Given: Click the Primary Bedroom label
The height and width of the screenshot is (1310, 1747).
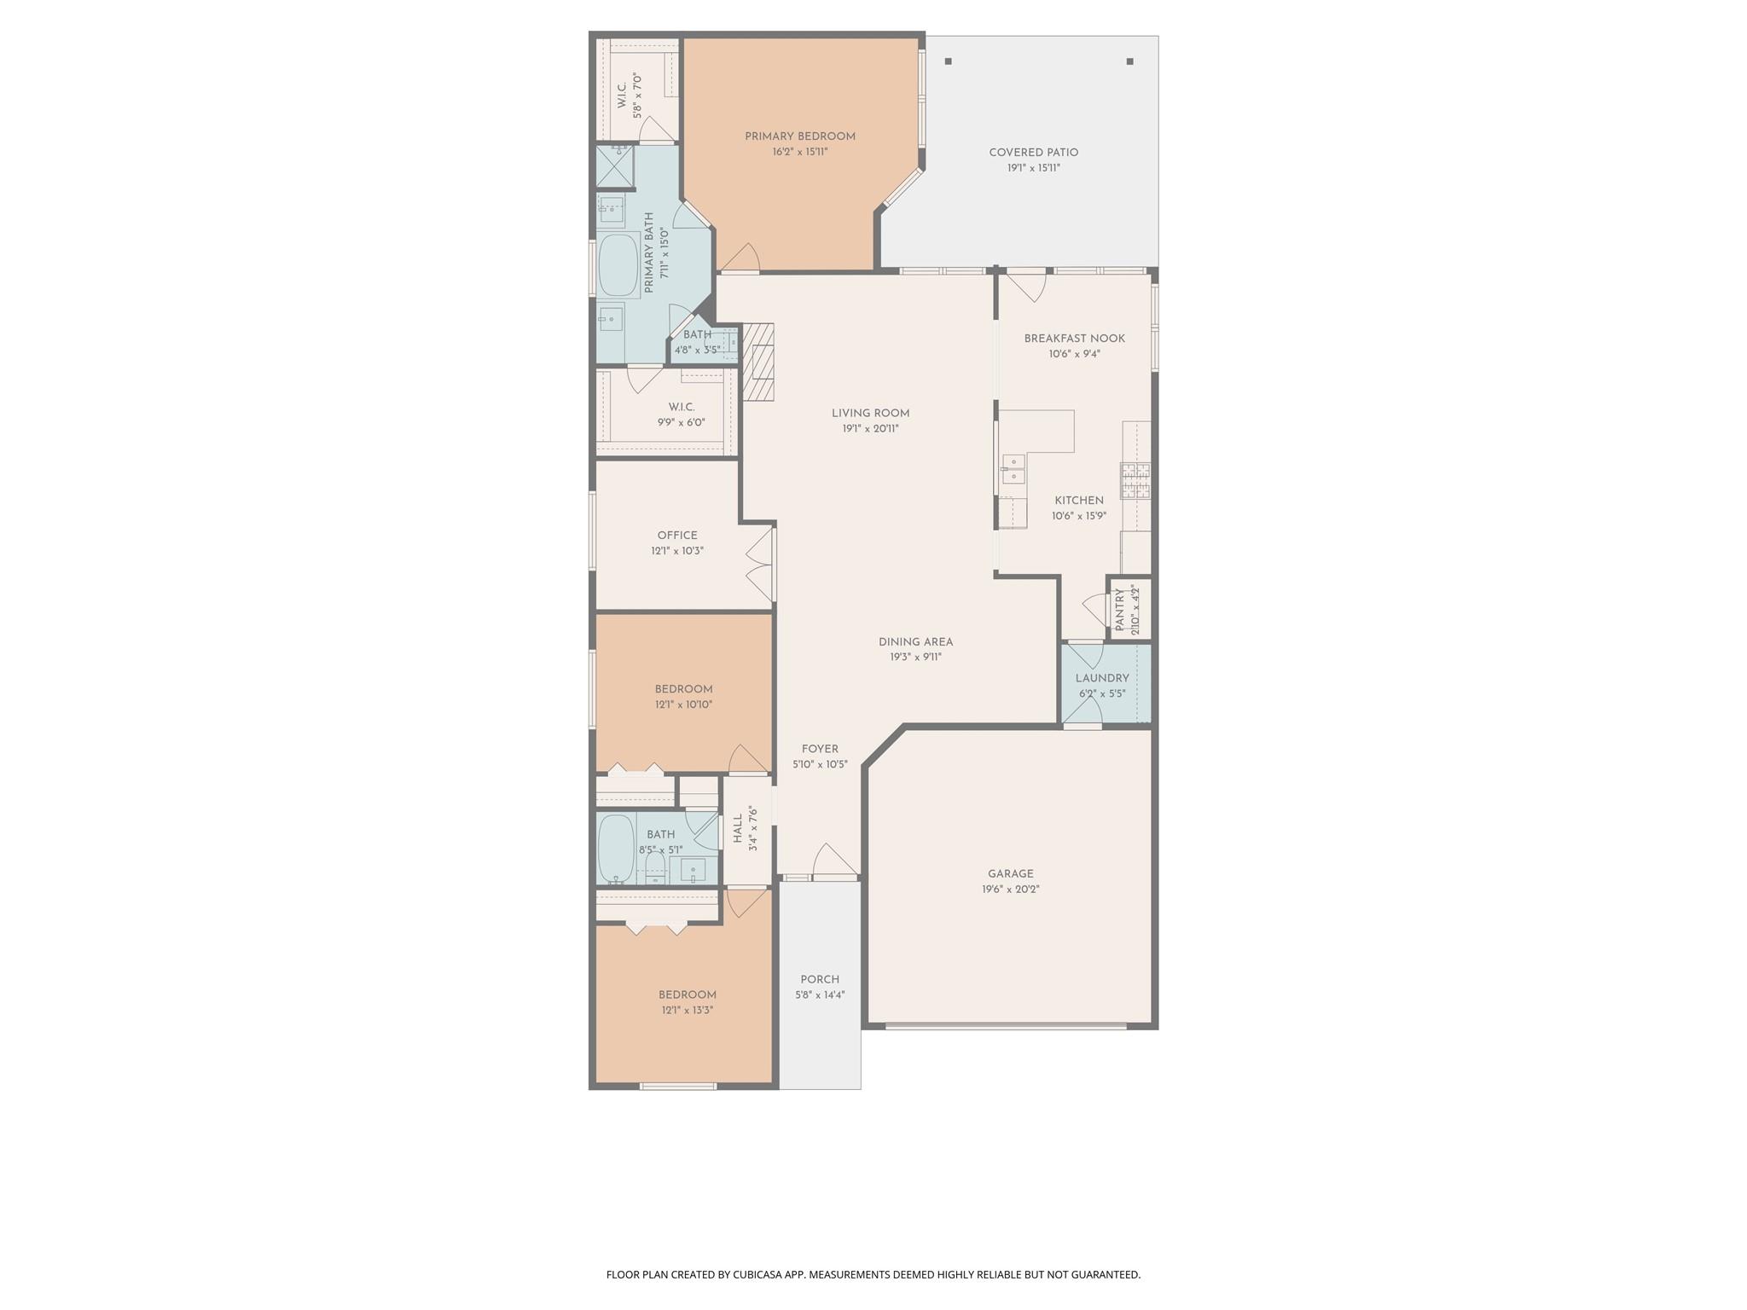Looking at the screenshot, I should click(x=799, y=136).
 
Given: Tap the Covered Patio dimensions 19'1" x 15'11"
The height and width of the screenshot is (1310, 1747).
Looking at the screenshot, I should click(x=1033, y=168).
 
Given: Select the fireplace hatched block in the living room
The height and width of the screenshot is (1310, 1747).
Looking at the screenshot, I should click(x=757, y=362).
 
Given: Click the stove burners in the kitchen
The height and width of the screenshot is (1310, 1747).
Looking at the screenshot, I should click(x=1135, y=480).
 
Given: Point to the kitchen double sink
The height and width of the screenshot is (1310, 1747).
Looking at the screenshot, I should click(x=1013, y=469).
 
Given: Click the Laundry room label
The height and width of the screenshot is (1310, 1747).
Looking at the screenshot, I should click(x=1101, y=678).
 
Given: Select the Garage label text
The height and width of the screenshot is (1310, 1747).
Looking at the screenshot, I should click(x=1010, y=873).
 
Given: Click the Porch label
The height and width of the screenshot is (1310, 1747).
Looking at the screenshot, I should click(x=819, y=979).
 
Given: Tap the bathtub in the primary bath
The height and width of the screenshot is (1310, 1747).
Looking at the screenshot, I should click(x=618, y=265).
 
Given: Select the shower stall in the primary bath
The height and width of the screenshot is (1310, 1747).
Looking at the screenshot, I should click(x=615, y=165).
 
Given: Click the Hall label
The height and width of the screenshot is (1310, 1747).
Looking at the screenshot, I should click(x=737, y=829).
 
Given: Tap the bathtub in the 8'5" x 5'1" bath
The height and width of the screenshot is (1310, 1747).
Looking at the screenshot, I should click(x=616, y=849).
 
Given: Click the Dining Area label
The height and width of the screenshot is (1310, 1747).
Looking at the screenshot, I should click(x=915, y=641).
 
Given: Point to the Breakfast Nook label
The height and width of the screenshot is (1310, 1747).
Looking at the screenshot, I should click(x=1074, y=339).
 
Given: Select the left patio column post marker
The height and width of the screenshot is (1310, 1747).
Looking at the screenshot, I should click(x=948, y=61).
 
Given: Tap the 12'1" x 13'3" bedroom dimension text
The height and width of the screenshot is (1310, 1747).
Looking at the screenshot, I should click(x=687, y=1010).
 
